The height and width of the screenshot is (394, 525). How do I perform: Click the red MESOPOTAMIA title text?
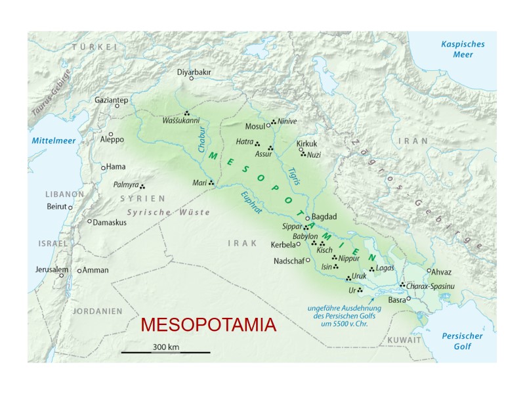tap(209, 325)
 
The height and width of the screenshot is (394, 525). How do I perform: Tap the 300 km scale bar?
tap(165, 353)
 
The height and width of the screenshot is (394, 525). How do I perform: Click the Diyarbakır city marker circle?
tap(191, 78)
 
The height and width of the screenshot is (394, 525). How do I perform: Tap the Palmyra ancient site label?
tap(125, 185)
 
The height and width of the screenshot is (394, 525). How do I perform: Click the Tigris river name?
tap(294, 176)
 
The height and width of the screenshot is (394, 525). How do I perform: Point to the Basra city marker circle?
tap(409, 299)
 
